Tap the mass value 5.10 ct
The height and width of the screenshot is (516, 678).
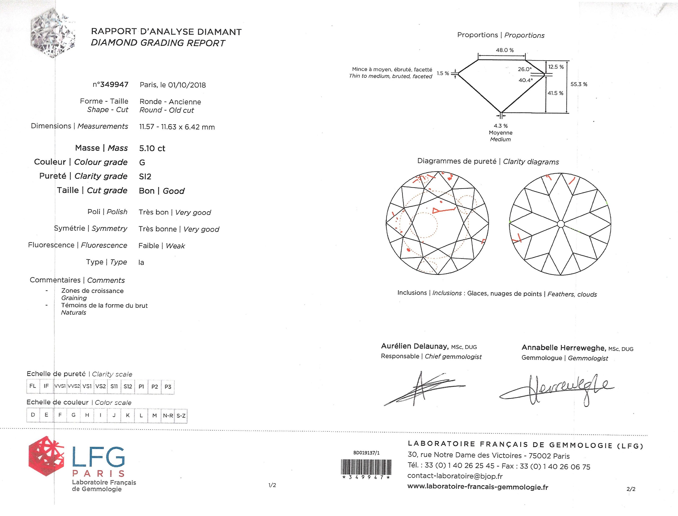[152, 149]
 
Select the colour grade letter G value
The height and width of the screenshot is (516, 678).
[142, 162]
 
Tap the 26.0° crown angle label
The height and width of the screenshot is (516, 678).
[524, 69]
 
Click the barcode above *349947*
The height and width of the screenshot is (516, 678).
[366, 467]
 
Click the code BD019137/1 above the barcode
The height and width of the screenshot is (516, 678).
[366, 453]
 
